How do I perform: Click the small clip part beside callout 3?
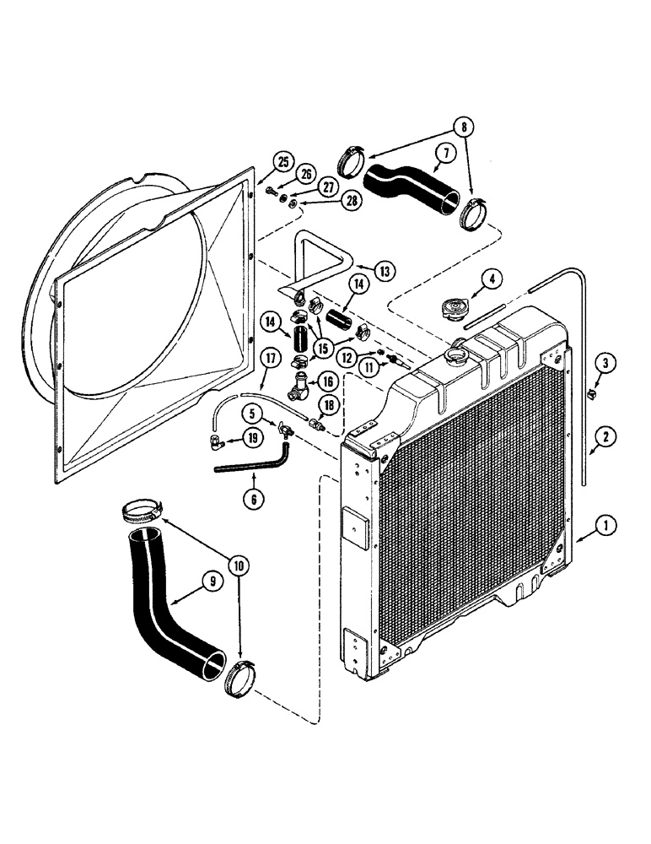coord(589,392)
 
